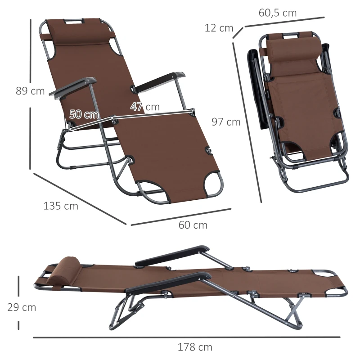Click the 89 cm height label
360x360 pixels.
tap(30, 91)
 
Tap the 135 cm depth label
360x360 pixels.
tap(61, 206)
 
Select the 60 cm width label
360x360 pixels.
tap(193, 225)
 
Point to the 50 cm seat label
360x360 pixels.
tap(84, 114)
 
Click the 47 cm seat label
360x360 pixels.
tap(145, 107)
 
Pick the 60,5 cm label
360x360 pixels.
tap(278, 13)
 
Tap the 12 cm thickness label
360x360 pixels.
tap(219, 28)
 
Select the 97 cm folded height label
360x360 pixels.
tap(226, 121)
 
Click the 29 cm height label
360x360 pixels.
tap(22, 308)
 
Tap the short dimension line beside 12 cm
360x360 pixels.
tap(238, 33)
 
